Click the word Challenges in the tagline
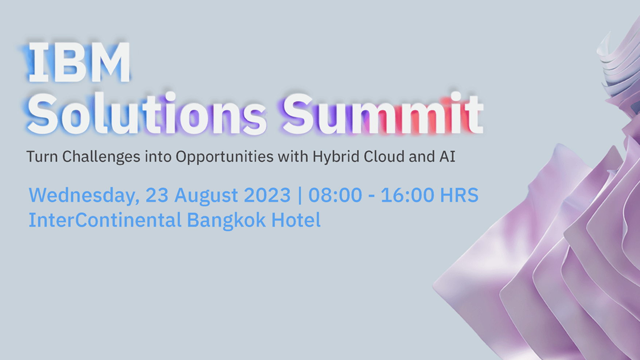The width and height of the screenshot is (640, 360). [x=101, y=157]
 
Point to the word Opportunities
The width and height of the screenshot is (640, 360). [x=225, y=157]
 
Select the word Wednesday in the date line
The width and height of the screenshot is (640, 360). [x=84, y=195]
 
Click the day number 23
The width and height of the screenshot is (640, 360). [x=157, y=195]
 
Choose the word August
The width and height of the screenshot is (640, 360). [x=206, y=195]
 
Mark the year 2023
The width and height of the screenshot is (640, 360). [x=267, y=195]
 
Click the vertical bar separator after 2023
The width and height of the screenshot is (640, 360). [x=300, y=195]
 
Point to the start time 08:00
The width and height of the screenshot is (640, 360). [x=335, y=195]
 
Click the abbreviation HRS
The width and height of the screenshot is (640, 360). [x=459, y=195]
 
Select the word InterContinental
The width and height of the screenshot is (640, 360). [x=105, y=220]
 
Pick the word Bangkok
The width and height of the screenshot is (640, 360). [x=226, y=220]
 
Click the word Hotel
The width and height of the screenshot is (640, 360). [x=296, y=220]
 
